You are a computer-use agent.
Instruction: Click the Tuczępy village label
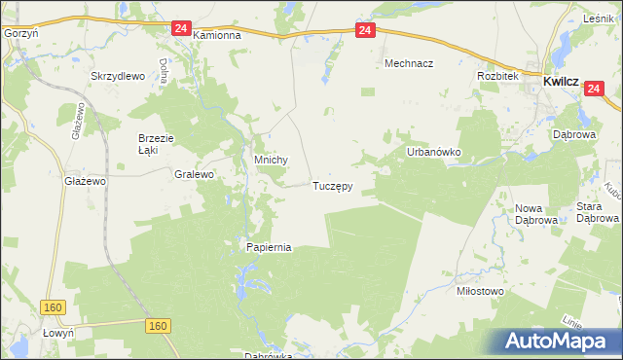332,185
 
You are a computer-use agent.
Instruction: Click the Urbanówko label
433,153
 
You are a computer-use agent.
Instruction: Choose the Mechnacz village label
408,62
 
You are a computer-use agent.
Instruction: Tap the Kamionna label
216,35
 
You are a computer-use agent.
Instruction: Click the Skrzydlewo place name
117,76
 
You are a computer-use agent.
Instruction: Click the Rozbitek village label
495,76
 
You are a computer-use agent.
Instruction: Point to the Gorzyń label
19,32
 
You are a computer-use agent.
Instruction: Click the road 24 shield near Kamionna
181,29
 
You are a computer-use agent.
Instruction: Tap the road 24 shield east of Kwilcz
596,89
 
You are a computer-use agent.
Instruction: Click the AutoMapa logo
559,342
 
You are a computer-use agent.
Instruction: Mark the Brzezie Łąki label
155,144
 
